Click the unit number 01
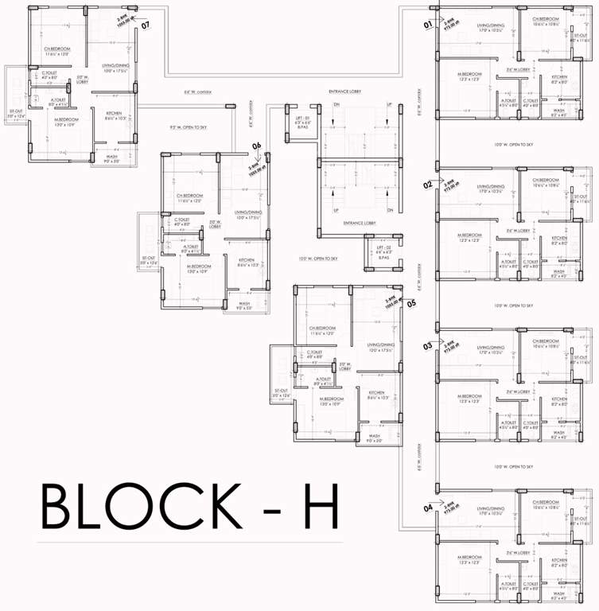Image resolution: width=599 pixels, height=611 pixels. point(427,25)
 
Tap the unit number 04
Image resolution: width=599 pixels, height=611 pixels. point(428,508)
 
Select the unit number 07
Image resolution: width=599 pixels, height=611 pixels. point(146,25)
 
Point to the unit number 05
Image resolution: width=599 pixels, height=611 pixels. point(411,303)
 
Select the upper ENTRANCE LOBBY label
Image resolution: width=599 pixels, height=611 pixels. point(344,92)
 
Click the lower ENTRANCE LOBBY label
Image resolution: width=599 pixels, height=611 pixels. point(359,224)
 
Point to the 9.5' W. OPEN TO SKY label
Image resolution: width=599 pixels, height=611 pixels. point(188,127)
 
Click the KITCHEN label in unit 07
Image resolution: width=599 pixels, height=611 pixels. point(114,115)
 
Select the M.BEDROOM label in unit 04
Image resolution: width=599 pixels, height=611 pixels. point(468,557)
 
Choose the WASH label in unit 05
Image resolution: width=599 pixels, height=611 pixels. point(375,436)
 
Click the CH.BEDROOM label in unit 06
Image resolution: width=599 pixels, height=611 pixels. point(190,196)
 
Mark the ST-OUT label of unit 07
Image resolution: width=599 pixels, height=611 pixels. point(16,111)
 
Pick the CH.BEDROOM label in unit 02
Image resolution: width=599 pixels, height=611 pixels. point(546,181)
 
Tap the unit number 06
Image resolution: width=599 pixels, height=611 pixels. point(257,146)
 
